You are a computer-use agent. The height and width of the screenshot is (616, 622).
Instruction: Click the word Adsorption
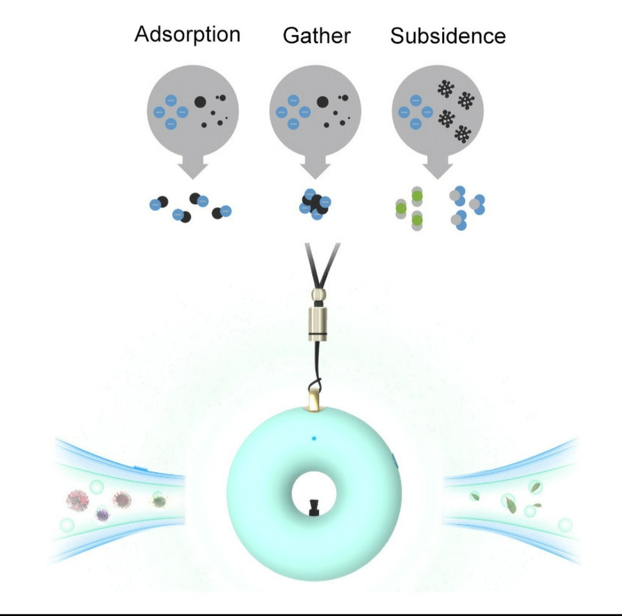click(187, 35)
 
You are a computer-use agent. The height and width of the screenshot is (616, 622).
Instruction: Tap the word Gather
click(316, 36)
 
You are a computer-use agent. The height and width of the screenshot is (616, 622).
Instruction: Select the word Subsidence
click(448, 36)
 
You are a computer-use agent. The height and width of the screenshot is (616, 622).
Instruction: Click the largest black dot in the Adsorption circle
click(200, 102)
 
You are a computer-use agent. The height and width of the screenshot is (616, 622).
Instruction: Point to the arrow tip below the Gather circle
click(315, 179)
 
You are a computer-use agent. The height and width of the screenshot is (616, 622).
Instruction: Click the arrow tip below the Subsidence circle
click(437, 179)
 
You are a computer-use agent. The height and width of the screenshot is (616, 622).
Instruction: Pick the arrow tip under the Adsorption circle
click(193, 179)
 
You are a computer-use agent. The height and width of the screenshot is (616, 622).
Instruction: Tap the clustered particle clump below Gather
click(315, 204)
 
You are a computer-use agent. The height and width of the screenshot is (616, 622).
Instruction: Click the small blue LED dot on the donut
click(314, 438)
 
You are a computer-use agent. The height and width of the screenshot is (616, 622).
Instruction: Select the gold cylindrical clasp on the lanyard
click(318, 324)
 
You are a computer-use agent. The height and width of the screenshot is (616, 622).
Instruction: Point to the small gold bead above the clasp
click(318, 294)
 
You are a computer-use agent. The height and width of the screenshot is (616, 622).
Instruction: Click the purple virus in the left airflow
click(102, 515)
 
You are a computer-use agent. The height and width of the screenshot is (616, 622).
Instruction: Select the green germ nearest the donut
click(159, 501)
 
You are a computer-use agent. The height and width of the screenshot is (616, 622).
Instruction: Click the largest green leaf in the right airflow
click(511, 505)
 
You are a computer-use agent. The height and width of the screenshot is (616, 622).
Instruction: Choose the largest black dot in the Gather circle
click(323, 102)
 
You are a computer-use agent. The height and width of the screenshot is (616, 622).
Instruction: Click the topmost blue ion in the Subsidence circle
click(415, 101)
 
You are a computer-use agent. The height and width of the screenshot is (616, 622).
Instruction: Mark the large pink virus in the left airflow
click(78, 501)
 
